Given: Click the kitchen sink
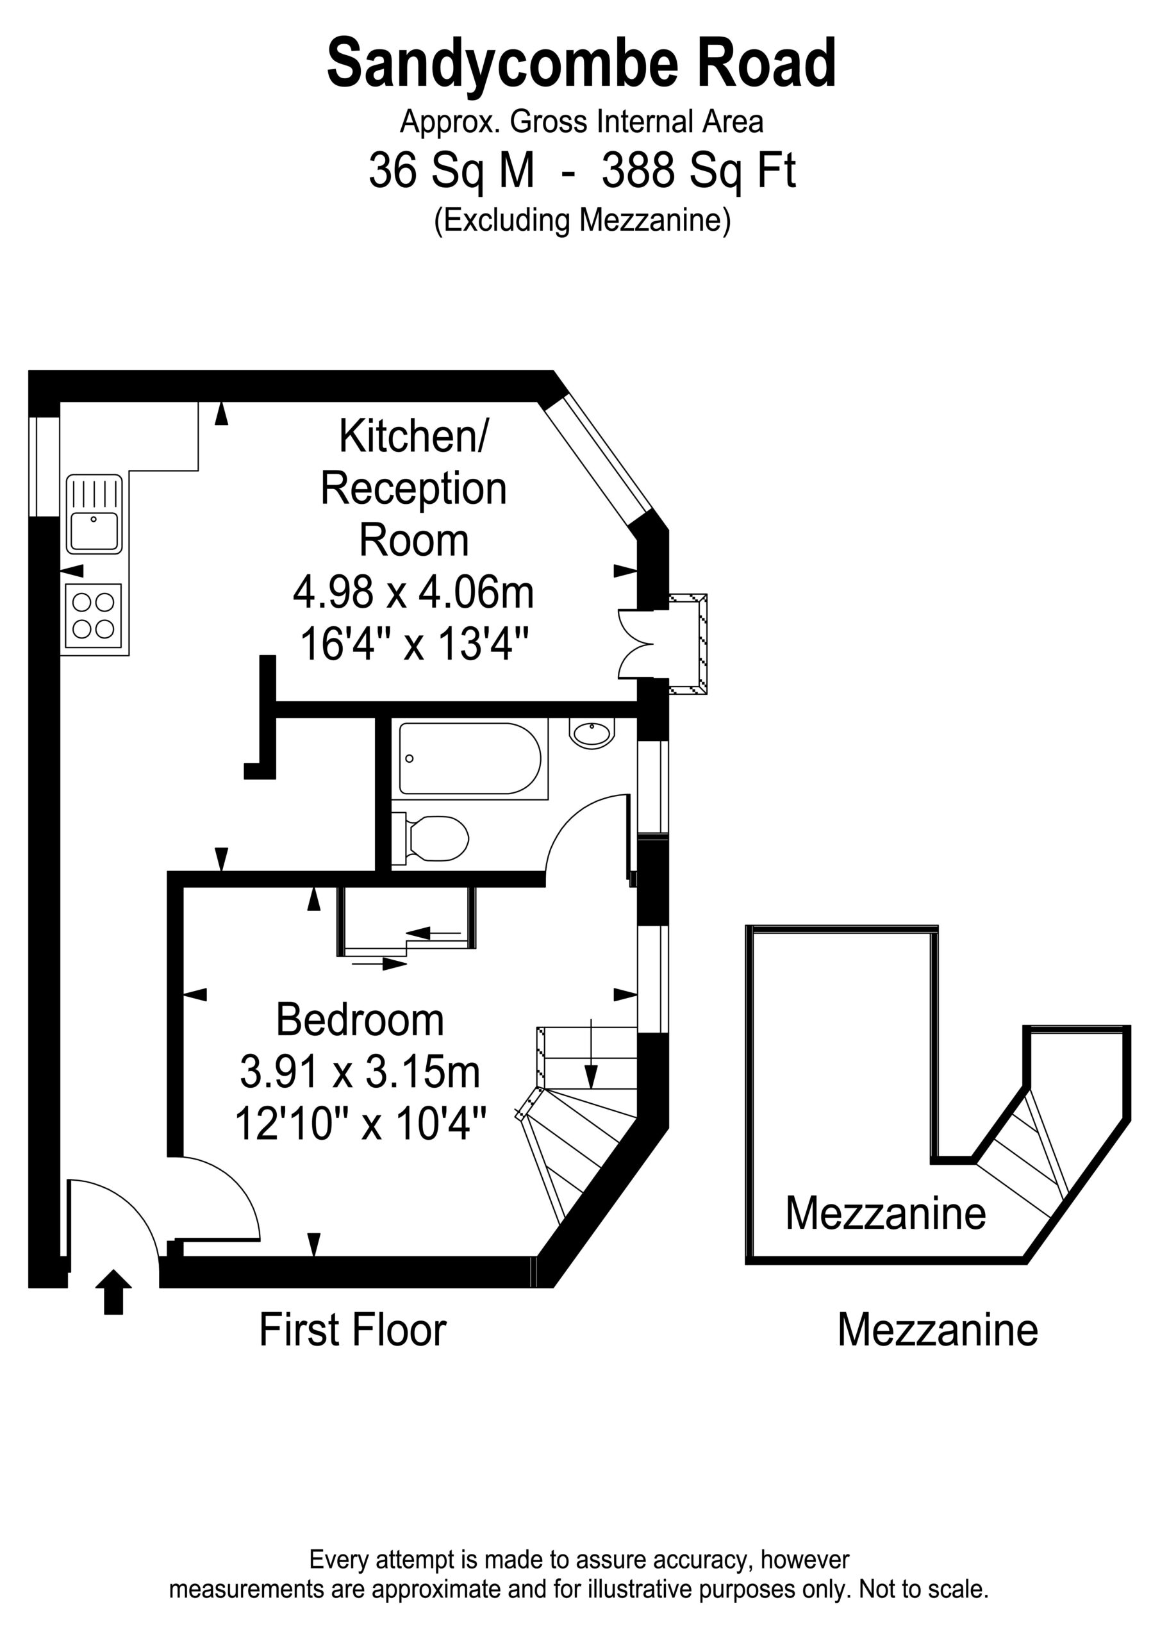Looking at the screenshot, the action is pos(94,514).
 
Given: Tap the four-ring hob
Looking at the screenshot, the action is pos(94,615).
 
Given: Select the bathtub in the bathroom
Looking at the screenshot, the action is pos(470,758).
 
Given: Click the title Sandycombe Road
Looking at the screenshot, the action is pos(581,63).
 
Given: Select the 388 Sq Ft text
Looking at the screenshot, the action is pos(699,172).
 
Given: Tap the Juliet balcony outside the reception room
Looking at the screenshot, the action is pos(688,643).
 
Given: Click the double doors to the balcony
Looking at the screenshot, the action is pos(636,643).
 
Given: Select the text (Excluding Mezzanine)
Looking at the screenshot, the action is pos(583,221).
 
